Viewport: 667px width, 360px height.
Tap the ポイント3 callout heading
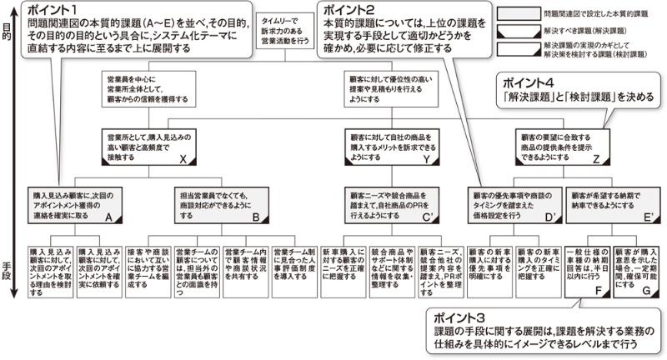pyautogui.click(x=457, y=318)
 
